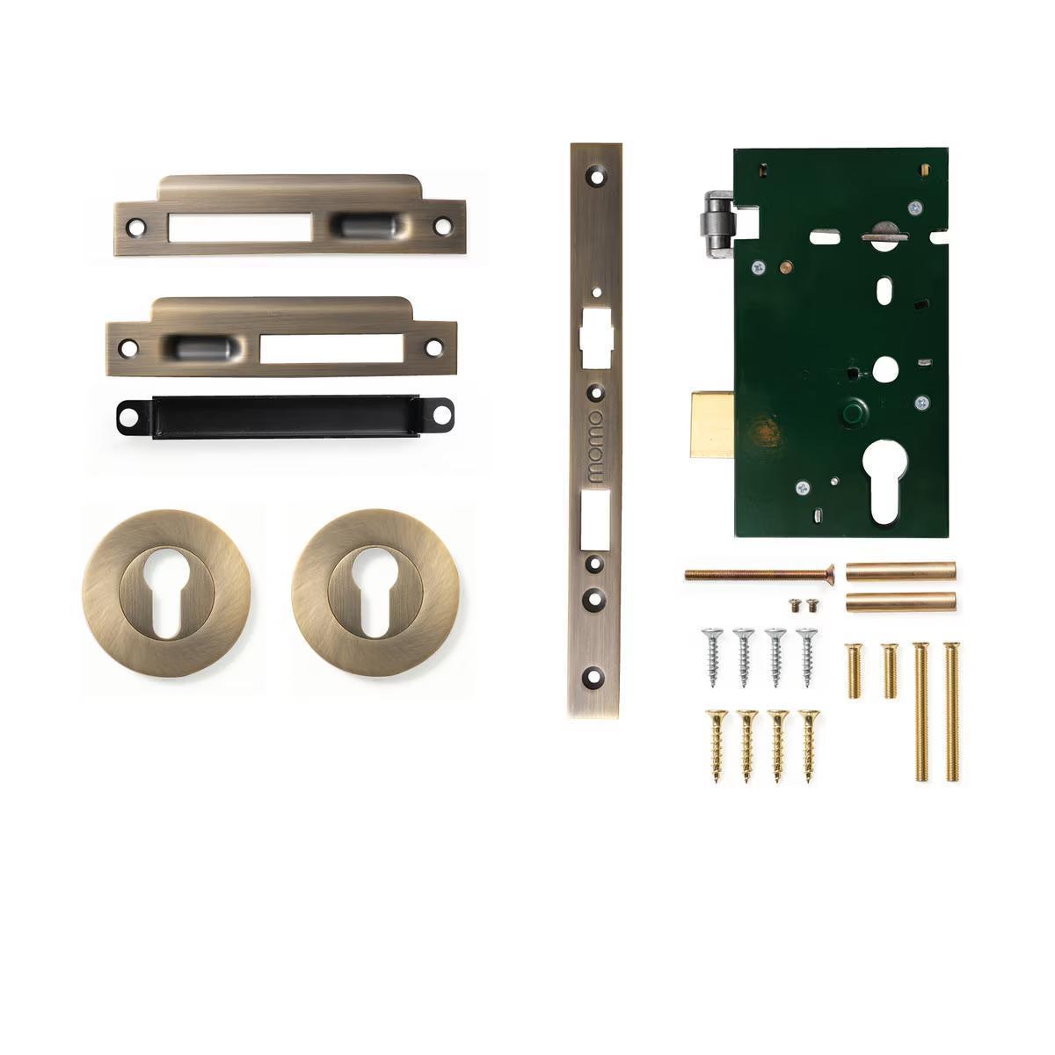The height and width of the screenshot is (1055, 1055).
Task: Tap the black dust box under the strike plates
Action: tap(285, 414)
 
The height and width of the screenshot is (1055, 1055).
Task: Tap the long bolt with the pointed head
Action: tap(759, 573)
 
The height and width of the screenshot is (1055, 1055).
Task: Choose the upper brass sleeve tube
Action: tap(900, 571)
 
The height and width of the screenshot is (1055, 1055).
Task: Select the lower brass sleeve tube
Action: tap(900, 602)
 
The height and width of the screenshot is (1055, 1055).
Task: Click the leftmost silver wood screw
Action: tap(711, 656)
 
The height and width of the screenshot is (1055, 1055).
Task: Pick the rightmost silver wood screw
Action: tap(806, 656)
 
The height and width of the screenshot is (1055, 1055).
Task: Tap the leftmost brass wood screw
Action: tap(716, 745)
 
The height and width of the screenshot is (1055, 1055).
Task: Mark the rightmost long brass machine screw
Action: tap(952, 711)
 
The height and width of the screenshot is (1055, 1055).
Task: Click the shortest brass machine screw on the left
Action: tap(852, 671)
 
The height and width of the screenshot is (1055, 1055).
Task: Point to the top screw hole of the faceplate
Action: tap(597, 176)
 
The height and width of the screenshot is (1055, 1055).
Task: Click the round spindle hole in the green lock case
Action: tap(884, 369)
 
